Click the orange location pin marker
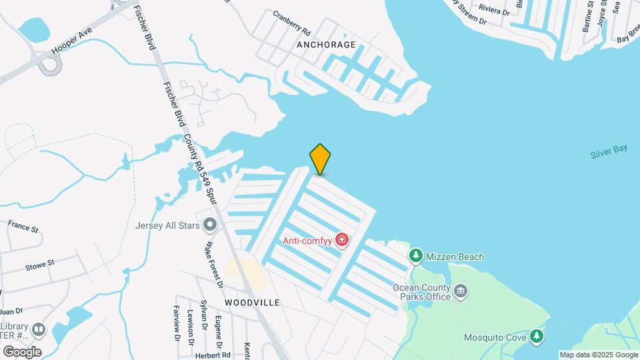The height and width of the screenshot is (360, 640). click(320, 159)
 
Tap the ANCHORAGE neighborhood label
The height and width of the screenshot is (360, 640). click(326, 45)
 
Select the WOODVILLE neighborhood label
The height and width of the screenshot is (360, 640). click(252, 302)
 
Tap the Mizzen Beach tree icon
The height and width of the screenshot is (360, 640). click(416, 256)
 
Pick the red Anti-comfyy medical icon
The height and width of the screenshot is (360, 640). click(342, 239)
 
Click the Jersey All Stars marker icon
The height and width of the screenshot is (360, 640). click(211, 225)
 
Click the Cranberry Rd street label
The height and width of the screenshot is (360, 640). click(292, 22)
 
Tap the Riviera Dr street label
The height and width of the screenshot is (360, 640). click(494, 10)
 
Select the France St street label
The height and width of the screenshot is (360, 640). click(24, 227)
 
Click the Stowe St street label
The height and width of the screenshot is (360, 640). click(41, 266)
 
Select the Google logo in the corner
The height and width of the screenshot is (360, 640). click(22, 351)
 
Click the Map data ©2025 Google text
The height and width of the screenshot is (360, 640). click(599, 355)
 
